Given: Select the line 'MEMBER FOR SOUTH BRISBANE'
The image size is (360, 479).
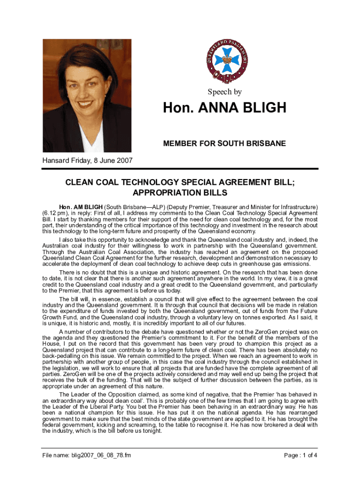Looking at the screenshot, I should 224,143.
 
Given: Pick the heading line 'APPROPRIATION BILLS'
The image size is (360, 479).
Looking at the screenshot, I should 180,193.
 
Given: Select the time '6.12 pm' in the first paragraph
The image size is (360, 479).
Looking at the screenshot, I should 56,212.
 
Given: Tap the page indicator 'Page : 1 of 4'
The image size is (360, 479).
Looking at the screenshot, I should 301,455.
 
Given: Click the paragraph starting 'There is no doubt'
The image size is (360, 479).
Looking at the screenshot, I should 180,281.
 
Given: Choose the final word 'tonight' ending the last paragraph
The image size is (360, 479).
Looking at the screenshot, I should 151,431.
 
